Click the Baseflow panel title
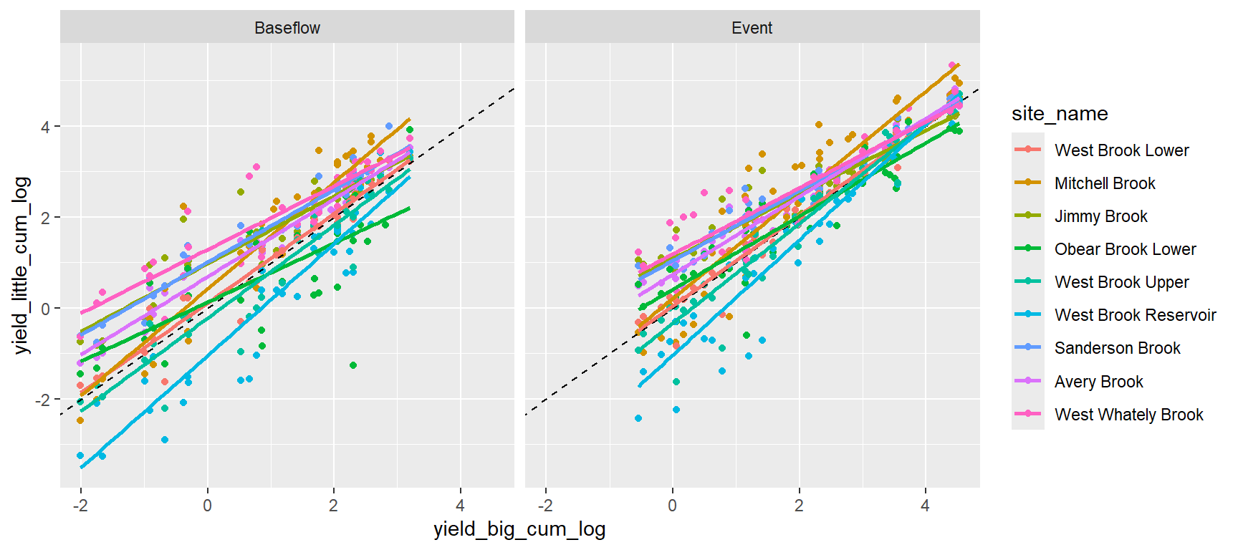coord(287,28)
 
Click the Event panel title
coord(752,28)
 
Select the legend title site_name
coord(1059,114)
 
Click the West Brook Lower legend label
coord(1121,150)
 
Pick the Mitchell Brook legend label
coord(1105,183)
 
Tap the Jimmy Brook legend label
coord(1100,216)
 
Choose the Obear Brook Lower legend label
coord(1125,249)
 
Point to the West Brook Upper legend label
coord(1121,282)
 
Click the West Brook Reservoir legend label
coord(1135,315)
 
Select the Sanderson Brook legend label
coord(1117,348)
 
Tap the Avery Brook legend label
coord(1098,382)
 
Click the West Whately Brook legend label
coord(1128,415)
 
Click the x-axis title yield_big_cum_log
coord(519,529)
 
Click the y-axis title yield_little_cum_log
coord(21,265)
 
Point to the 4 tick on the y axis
coord(46,127)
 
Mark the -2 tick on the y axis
coord(43,400)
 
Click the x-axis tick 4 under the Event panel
coord(925,506)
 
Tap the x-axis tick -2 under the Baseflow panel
coord(80,506)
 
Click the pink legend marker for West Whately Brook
coord(1028,414)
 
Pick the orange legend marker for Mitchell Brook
coord(1028,183)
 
